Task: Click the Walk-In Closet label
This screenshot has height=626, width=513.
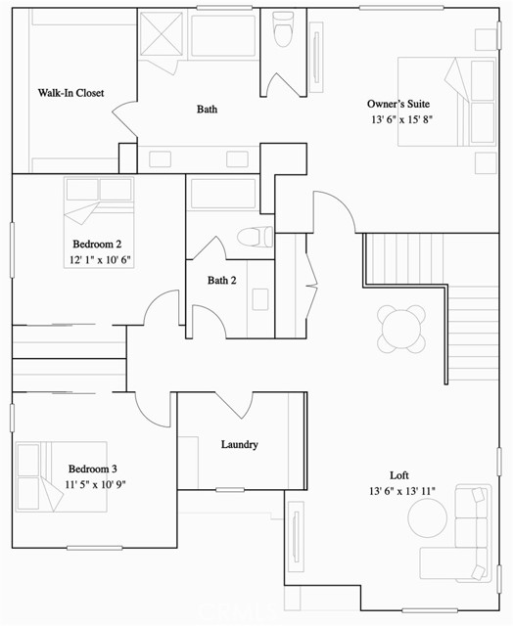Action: [x=70, y=93]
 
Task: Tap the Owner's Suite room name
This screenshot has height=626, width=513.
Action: [x=398, y=104]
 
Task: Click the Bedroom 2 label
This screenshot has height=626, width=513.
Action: [x=97, y=244]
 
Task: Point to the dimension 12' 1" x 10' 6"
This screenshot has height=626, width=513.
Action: [x=99, y=260]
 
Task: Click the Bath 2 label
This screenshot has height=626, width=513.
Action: [x=222, y=281]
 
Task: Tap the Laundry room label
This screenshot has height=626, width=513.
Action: [x=239, y=444]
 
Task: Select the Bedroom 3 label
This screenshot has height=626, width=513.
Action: [x=93, y=469]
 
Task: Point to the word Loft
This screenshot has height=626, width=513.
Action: [x=399, y=474]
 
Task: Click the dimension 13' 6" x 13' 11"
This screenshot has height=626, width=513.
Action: [x=402, y=491]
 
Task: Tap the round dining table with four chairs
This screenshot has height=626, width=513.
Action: [x=402, y=328]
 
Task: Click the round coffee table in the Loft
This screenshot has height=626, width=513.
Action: [x=427, y=517]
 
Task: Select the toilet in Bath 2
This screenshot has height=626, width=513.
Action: [x=255, y=238]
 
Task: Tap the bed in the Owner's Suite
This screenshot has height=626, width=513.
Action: [x=446, y=102]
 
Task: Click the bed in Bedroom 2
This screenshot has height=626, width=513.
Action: [x=98, y=201]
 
